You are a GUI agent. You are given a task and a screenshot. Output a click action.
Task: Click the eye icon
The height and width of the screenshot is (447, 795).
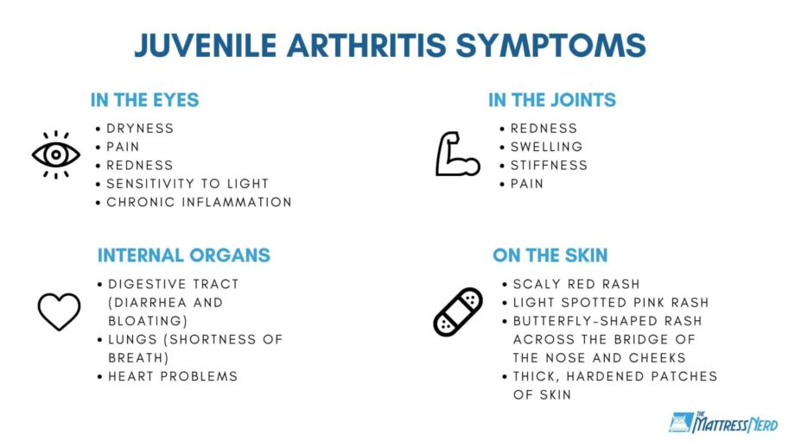pos(56,154)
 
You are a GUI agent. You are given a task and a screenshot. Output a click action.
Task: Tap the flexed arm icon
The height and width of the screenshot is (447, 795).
pos(457,154)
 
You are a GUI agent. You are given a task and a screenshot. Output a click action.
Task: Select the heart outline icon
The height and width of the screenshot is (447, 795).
pos(59,312)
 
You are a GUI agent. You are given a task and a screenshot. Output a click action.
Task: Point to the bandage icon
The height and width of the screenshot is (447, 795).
pos(458,312)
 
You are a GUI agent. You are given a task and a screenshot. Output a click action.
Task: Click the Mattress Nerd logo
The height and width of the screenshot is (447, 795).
pos(723,423)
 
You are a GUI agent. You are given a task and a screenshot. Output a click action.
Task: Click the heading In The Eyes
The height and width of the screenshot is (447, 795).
pos(144,99)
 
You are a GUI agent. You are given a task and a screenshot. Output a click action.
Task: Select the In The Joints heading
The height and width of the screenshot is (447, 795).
pos(551,99)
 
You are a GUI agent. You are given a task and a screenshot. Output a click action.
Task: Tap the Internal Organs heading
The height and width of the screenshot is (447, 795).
pos(183,255)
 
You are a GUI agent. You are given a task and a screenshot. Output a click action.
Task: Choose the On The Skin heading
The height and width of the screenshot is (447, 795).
pos(550,255)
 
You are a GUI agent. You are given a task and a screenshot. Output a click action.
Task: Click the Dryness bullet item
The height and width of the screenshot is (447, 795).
pos(140,129)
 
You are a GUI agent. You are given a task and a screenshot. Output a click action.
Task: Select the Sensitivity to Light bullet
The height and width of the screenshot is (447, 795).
pos(188,184)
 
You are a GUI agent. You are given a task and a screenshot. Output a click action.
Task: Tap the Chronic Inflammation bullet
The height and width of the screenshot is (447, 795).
pos(199,202)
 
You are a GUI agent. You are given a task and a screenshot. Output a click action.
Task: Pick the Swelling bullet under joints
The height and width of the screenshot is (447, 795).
pos(546,147)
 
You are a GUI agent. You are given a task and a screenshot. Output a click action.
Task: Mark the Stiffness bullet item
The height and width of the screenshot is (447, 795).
pos(548,165)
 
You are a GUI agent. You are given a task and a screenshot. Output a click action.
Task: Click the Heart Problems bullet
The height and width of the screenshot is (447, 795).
pos(173,376)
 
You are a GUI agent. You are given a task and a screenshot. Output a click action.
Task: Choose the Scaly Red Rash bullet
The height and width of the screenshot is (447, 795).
pos(576,284)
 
